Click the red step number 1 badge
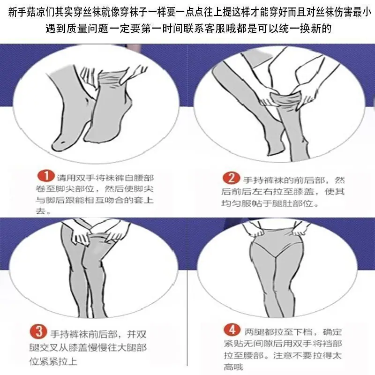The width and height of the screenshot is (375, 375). [x=46, y=176]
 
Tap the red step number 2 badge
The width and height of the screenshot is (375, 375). [x=231, y=178]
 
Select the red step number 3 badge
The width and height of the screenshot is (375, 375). [x=38, y=332]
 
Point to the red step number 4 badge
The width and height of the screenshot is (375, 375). [x=232, y=330]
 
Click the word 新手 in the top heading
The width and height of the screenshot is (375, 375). [x=17, y=13]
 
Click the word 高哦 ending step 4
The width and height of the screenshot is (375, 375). [x=233, y=367]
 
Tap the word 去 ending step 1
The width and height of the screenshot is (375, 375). [x=40, y=211]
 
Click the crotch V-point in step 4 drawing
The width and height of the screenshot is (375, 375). [x=276, y=257]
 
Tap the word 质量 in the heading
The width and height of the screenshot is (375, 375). [x=75, y=29]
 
